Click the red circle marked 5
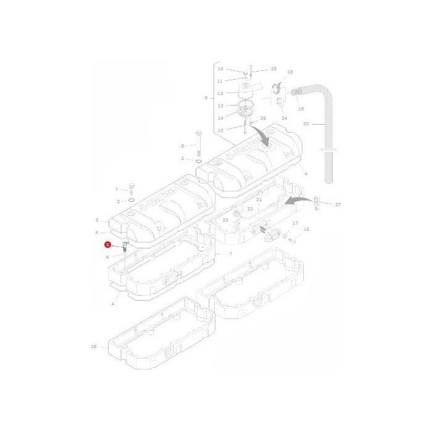pos(108,245)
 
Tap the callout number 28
pos(94,347)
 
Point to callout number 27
pos(338,204)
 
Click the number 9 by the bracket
pos(205,98)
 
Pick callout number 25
pos(273,69)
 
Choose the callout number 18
pos(290,72)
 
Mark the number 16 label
pos(306,229)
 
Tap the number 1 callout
pos(117,188)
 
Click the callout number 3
pos(97,220)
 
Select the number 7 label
pos(231,254)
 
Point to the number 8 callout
pos(183,146)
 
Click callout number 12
pos(220,94)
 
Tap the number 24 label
pos(284,118)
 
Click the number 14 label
pos(220,118)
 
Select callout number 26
pos(263,118)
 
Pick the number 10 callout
pos(220,69)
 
